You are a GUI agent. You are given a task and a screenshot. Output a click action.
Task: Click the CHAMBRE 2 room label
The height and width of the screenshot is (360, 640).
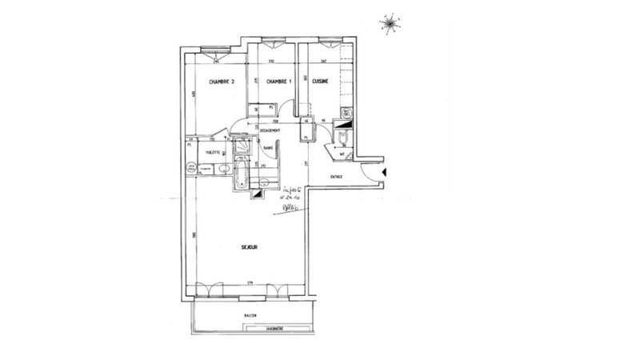coord(222,82)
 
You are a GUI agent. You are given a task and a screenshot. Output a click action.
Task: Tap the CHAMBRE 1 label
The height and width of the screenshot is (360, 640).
coord(278,82)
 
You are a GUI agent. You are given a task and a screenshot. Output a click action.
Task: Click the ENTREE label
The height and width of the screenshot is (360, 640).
coord(336,178)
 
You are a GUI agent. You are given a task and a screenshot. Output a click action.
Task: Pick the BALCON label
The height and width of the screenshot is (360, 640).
coord(251,316)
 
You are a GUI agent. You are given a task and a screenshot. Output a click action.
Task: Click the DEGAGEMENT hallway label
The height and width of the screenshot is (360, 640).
coord(269,130)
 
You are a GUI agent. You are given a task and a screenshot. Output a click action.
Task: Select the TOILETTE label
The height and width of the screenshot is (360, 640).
coord(212,151)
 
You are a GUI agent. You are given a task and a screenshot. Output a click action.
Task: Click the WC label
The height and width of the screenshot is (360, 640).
coord(342,154)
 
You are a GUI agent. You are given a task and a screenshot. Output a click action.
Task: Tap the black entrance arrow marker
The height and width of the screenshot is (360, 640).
coord(386,173)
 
